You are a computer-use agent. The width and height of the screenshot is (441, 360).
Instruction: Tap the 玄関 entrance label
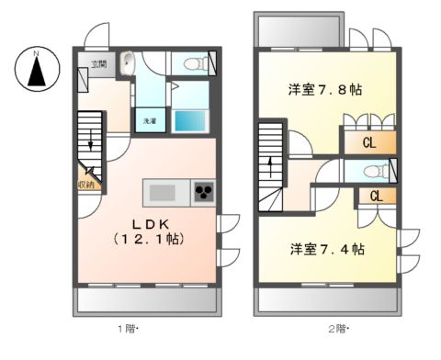[x=97, y=64]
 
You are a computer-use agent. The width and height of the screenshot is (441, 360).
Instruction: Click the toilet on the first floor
[x=194, y=64]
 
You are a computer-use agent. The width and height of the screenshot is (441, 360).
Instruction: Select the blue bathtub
[x=194, y=119]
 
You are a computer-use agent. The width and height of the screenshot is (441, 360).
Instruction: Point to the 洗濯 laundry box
[x=148, y=121]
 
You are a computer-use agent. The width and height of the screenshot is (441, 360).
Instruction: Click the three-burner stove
[x=203, y=193]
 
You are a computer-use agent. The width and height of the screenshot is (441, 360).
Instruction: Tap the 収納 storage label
[x=85, y=183]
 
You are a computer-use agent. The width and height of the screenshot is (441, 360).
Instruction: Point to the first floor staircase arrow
[x=91, y=140]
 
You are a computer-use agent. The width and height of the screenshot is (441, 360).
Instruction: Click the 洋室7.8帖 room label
[x=324, y=89]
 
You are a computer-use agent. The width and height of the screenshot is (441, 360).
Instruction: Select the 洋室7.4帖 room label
[x=328, y=249]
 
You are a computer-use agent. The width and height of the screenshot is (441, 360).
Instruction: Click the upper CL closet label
[x=368, y=142]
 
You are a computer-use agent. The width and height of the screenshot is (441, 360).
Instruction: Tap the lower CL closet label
[x=377, y=196]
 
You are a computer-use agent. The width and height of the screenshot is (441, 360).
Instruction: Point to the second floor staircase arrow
[x=270, y=167]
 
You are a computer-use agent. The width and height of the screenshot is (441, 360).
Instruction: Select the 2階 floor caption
[x=336, y=328]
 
